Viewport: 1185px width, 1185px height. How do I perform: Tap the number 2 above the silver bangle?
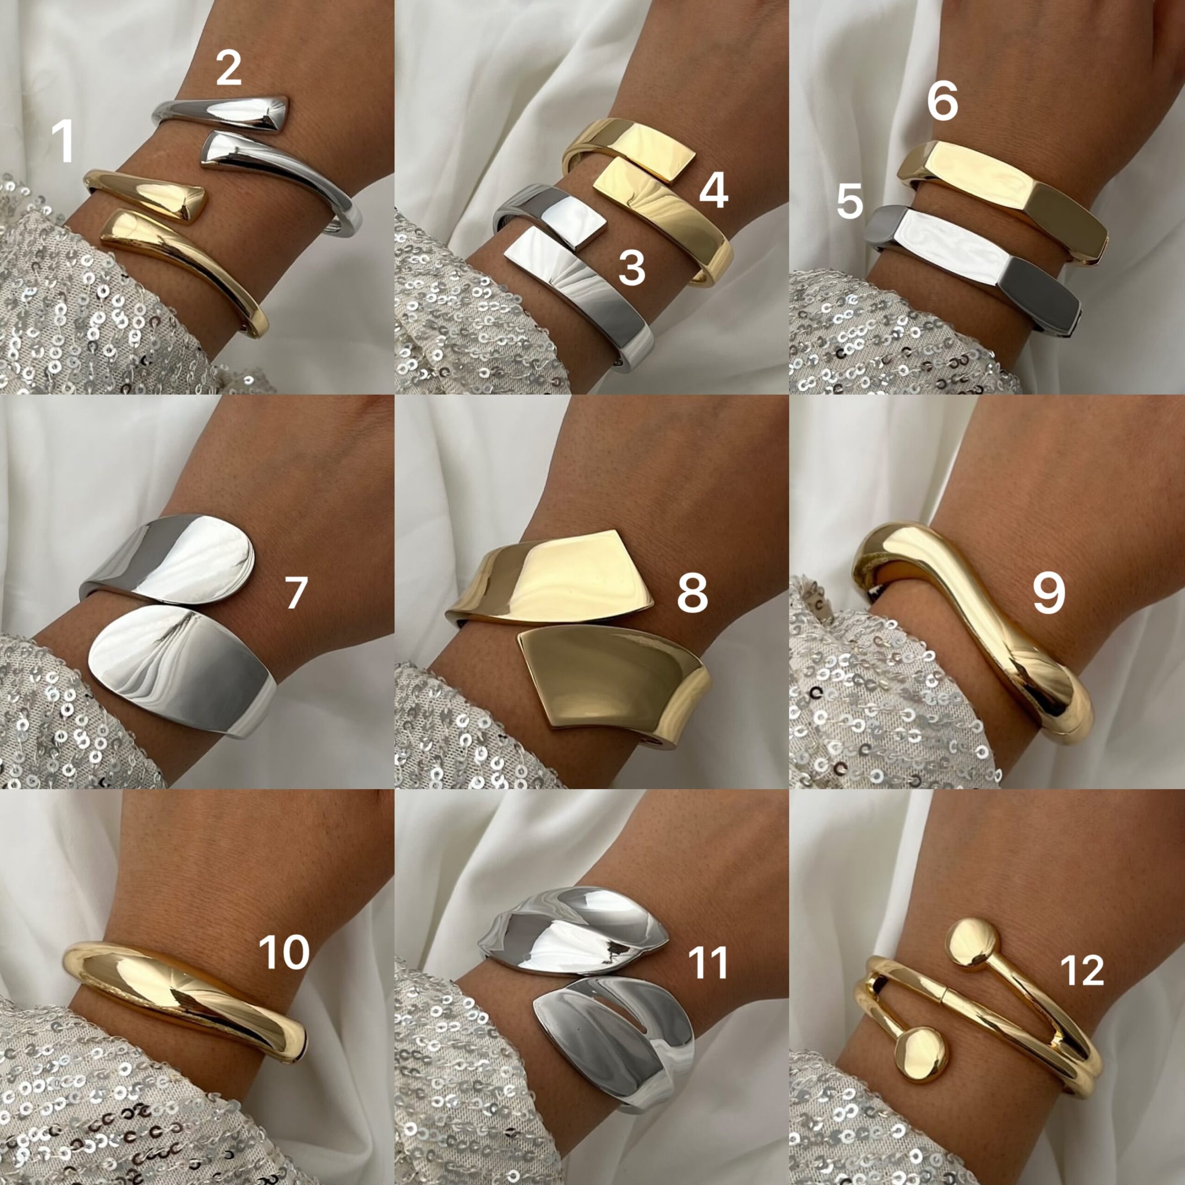228,69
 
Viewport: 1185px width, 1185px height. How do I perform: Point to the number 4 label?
713,190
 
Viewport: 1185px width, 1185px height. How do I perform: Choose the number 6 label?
942,102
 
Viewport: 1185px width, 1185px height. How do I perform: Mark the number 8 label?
692,594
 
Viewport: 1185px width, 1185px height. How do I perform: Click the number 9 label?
1049,594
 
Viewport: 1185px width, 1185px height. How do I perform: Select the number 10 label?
284,953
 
